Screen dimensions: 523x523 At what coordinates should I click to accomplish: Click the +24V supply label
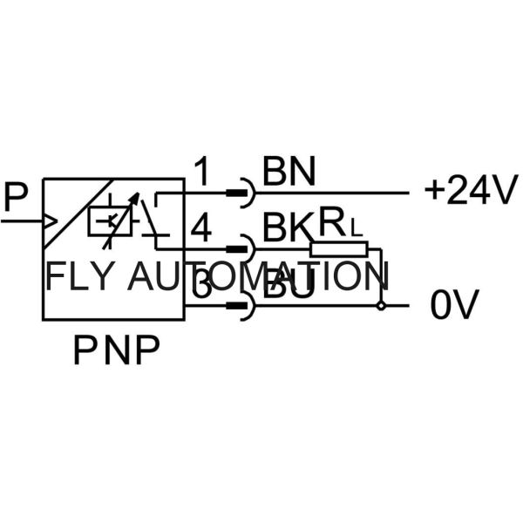pyautogui.click(x=471, y=191)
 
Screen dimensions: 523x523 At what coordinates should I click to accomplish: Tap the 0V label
pyautogui.click(x=455, y=305)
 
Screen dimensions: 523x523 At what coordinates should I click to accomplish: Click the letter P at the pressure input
pyautogui.click(x=16, y=197)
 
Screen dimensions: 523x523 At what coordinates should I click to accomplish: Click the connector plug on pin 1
pyautogui.click(x=238, y=192)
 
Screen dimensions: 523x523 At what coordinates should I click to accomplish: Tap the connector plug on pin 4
pyautogui.click(x=238, y=249)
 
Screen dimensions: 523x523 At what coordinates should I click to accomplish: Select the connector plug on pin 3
pyautogui.click(x=238, y=306)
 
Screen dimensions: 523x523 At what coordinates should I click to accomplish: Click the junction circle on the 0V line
pyautogui.click(x=381, y=306)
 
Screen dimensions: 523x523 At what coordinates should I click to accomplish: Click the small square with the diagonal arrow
pyautogui.click(x=110, y=221)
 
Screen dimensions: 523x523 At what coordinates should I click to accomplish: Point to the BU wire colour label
pyautogui.click(x=289, y=286)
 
